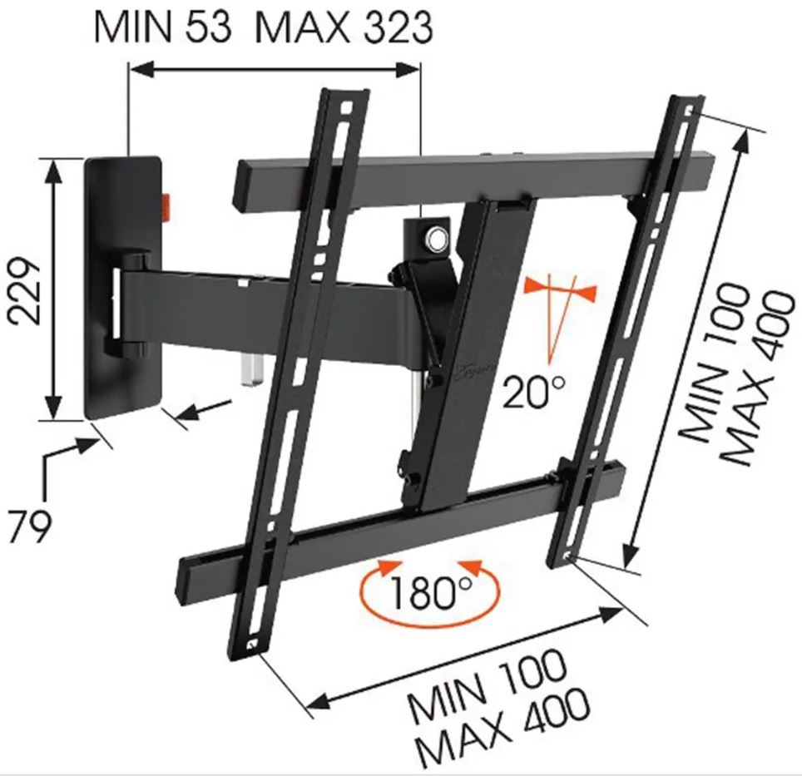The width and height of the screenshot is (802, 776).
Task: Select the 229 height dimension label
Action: pyautogui.click(x=26, y=290)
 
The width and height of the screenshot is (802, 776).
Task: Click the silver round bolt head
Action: pyautogui.click(x=436, y=238)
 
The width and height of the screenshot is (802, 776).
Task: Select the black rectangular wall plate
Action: pyautogui.click(x=124, y=287)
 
